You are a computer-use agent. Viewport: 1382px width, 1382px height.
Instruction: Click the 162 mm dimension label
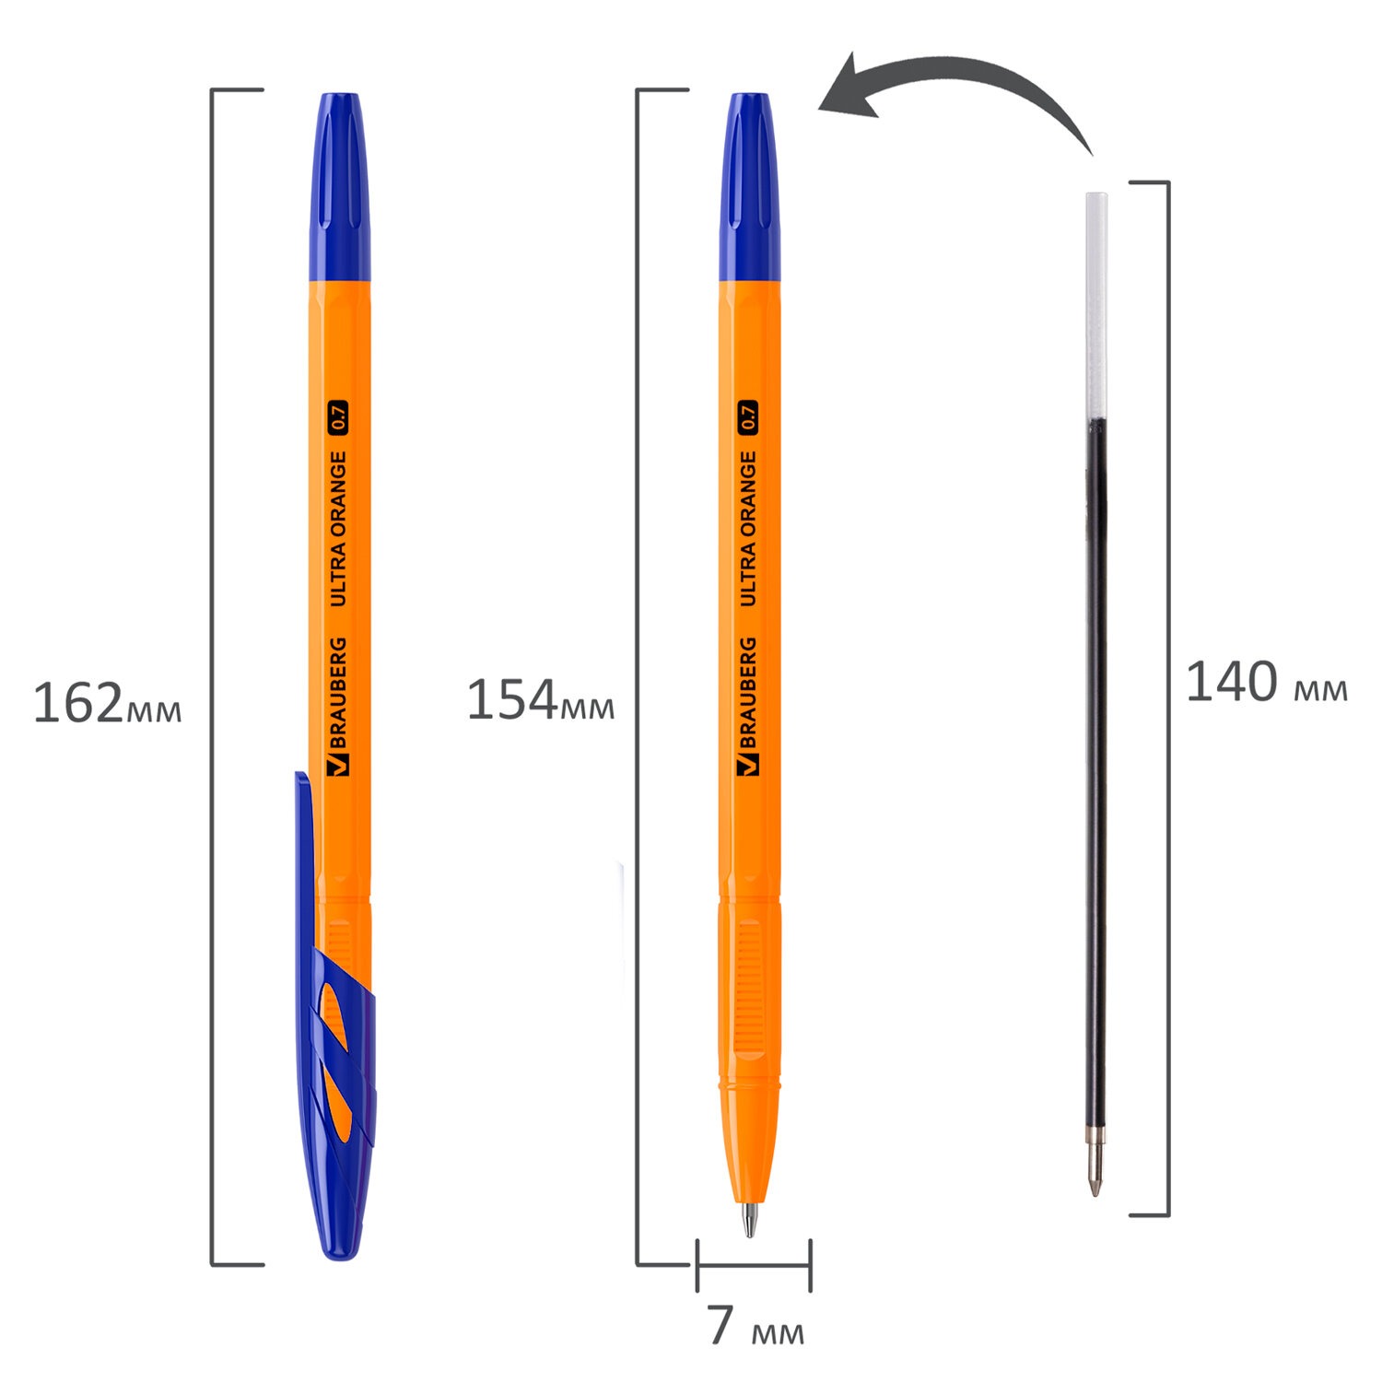[107, 705]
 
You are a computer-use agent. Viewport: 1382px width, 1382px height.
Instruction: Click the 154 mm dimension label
[540, 701]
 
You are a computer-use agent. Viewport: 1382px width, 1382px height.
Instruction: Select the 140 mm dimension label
[1265, 684]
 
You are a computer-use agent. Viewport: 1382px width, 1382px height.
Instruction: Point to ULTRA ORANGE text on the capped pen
[338, 529]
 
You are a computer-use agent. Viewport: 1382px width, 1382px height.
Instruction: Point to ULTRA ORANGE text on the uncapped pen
[747, 529]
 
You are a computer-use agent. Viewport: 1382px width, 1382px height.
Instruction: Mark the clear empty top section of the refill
[1095, 304]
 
